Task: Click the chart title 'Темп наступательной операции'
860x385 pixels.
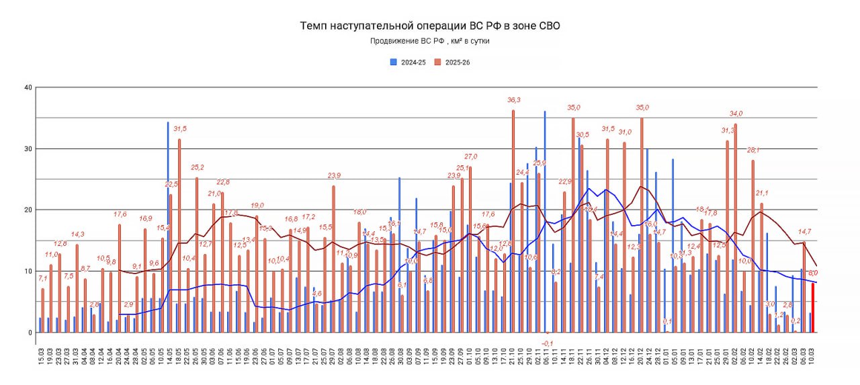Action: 429,26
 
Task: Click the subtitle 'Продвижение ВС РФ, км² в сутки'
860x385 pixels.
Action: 429,41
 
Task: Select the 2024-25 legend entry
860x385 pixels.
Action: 409,62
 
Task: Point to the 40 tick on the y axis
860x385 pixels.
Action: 28,87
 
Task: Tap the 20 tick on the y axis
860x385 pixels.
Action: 28,210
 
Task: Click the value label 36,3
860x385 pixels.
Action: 514,100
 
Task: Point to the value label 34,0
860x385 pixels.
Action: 736,114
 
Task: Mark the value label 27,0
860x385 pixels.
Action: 471,157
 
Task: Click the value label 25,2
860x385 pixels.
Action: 198,167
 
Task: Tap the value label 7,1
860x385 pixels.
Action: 42,279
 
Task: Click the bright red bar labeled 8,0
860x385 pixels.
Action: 812,308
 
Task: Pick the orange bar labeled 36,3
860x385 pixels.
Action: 513,221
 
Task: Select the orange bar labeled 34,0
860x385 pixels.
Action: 736,228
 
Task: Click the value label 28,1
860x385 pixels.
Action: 753,150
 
